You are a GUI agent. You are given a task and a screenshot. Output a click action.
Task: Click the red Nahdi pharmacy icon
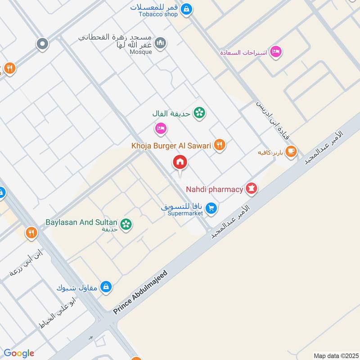point(251,189)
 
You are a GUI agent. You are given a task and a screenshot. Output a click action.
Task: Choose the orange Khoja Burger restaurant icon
point(219,145)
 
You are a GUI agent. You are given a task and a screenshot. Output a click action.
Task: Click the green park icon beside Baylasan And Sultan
point(126,223)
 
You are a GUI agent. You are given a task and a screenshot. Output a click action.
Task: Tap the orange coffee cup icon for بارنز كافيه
point(291,151)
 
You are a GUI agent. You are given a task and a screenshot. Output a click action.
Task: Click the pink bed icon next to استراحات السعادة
point(276,52)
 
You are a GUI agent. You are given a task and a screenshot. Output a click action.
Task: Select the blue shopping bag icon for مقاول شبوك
point(106,287)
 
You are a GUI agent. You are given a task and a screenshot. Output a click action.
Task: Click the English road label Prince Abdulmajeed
point(140,292)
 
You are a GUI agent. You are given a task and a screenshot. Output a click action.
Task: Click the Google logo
point(19,353)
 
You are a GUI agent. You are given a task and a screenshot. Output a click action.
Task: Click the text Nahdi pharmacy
point(215,189)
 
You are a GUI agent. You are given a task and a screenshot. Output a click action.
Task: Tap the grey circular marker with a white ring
point(42,44)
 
